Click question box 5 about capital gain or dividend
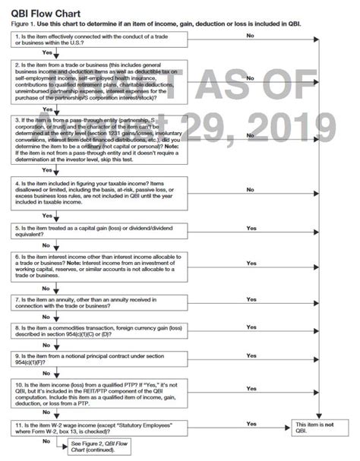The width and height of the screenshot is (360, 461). click(x=103, y=232)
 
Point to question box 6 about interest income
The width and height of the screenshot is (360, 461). click(x=103, y=267)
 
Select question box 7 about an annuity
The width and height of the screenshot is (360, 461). click(x=103, y=303)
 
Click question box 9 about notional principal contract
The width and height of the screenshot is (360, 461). click(x=103, y=361)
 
